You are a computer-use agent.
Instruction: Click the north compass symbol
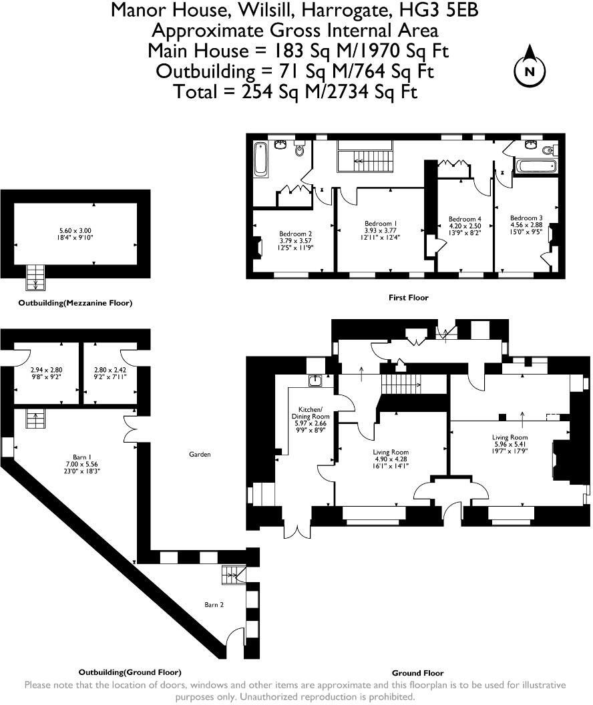[530, 70]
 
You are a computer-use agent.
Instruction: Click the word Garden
[200, 454]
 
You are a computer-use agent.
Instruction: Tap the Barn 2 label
[214, 605]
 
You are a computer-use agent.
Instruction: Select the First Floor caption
[408, 297]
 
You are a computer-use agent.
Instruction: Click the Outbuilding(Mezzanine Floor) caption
[75, 302]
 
